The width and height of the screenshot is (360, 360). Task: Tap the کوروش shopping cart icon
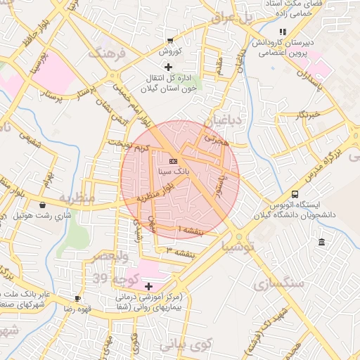coord(171,41)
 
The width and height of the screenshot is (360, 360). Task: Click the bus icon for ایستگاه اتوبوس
coord(295,193)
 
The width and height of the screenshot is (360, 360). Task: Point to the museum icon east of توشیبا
coord(321,243)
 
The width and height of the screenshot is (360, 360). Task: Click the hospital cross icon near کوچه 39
coord(148,286)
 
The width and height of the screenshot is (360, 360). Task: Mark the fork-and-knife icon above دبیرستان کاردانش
coord(282,32)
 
